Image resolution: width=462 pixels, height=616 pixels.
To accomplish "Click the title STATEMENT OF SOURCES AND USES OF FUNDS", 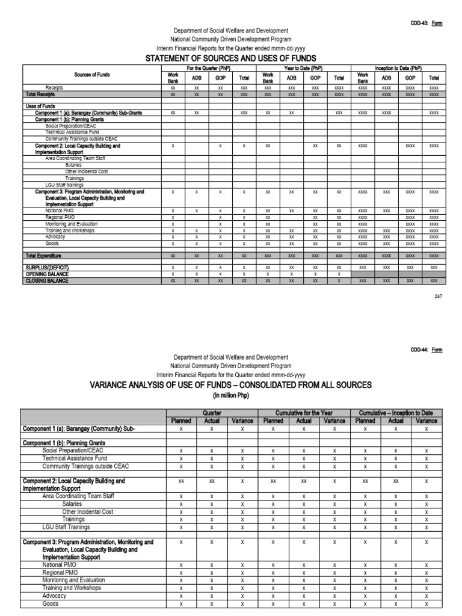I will click(x=230, y=58).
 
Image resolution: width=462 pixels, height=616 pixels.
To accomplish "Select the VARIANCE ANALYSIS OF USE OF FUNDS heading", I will click(x=230, y=384).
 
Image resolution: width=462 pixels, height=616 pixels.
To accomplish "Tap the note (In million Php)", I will click(x=230, y=395).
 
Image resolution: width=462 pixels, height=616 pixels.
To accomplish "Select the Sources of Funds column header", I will click(x=92, y=75).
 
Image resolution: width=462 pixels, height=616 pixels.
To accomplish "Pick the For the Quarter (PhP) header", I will click(x=208, y=69).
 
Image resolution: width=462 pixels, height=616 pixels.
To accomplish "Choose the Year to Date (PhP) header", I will click(x=303, y=69).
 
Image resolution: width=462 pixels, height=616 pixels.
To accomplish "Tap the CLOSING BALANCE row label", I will click(x=46, y=280).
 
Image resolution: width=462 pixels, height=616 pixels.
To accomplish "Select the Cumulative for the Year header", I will click(x=303, y=413).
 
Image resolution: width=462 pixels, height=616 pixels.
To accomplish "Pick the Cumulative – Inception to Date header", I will click(x=396, y=413).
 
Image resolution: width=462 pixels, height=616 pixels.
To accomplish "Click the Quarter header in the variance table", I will click(x=212, y=413).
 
